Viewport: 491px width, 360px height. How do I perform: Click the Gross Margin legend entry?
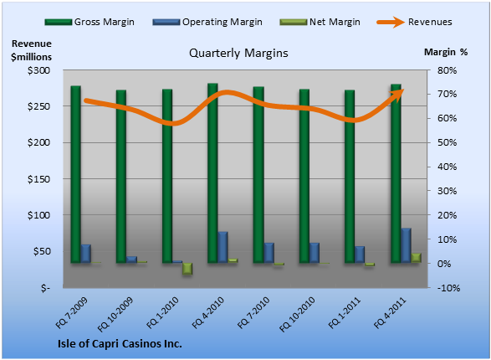coord(90,22)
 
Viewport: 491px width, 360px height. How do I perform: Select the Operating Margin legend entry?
coord(207,22)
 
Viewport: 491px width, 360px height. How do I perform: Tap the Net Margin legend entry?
coord(320,22)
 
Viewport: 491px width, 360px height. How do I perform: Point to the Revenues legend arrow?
coord(391,22)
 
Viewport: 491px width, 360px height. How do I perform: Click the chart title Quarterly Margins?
coord(238,53)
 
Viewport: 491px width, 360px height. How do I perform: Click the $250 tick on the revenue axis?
coord(38,106)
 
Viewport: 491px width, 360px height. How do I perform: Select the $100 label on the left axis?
coord(38,215)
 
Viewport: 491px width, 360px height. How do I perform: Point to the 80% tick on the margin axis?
coord(447,70)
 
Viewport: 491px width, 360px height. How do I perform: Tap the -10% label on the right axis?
coord(448,288)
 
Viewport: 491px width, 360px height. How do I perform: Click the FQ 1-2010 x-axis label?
coord(162,312)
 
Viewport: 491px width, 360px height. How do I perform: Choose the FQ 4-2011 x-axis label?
coord(390,312)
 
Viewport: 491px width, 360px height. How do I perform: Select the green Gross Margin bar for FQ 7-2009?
coord(76,174)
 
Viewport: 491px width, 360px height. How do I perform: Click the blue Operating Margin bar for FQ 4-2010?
coord(222,247)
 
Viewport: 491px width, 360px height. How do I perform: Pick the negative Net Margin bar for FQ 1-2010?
coord(187,269)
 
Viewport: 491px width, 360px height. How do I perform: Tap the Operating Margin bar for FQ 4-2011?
coord(407,245)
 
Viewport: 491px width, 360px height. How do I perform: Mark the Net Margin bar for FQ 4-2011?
coord(417,258)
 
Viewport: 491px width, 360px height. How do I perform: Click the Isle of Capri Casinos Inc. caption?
coord(120,344)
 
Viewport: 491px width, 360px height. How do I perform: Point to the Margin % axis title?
coord(446,52)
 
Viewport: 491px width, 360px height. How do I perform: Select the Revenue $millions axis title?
coord(31,50)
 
